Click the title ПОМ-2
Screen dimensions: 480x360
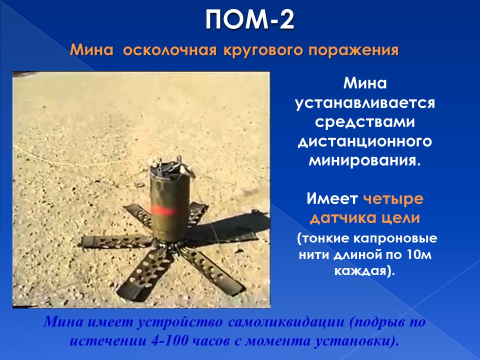coord(249,19)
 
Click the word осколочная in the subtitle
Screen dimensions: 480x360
coord(170,50)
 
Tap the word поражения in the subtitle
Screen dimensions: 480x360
coord(353,50)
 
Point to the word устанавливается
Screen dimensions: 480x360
coord(365,103)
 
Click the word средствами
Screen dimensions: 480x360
coord(365,122)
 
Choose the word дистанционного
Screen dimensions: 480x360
coord(365,142)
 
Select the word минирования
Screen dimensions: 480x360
coord(364,160)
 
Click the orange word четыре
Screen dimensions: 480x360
coord(393,199)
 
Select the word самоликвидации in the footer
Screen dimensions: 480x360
coord(286,322)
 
